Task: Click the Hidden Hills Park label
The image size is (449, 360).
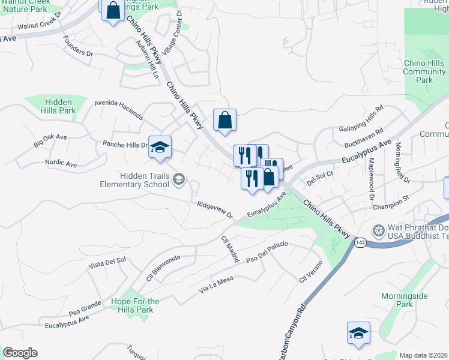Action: pyautogui.click(x=58, y=106)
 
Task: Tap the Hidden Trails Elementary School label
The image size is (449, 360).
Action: pyautogui.click(x=136, y=180)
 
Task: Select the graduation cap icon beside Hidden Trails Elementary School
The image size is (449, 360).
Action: pyautogui.click(x=179, y=179)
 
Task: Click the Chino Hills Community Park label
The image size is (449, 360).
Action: pyautogui.click(x=424, y=71)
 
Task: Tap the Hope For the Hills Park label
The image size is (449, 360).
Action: pyautogui.click(x=136, y=305)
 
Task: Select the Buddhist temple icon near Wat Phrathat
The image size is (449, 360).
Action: pyautogui.click(x=378, y=230)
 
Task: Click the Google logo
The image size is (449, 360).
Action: pyautogui.click(x=20, y=353)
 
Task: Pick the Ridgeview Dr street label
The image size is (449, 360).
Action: pyautogui.click(x=214, y=209)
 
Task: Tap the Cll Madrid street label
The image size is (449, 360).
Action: pyautogui.click(x=230, y=248)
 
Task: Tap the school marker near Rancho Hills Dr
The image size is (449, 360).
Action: pyautogui.click(x=160, y=147)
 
